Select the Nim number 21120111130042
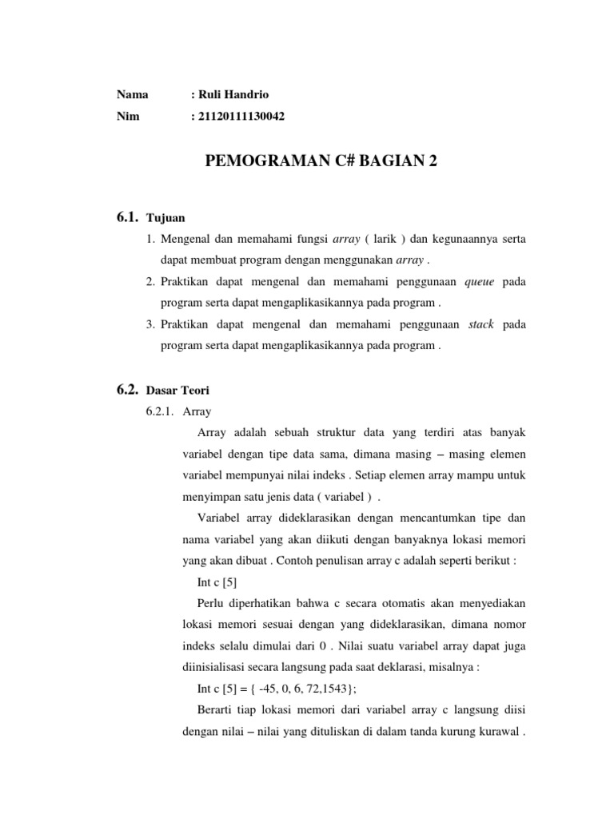click(242, 117)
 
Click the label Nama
click(132, 94)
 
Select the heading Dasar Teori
click(178, 391)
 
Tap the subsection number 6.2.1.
click(160, 412)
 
